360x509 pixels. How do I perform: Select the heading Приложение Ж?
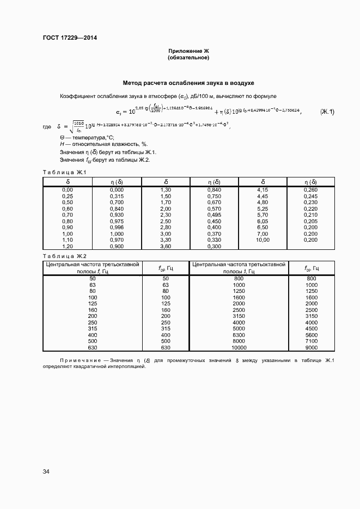click(188, 51)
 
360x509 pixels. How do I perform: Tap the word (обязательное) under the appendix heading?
click(188, 57)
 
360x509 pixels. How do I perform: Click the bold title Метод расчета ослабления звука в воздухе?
click(188, 83)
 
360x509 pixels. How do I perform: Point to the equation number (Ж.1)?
click(327, 112)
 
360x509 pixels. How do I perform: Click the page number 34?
click(46, 471)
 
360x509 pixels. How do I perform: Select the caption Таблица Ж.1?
click(61, 173)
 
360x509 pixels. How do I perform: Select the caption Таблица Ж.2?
click(61, 256)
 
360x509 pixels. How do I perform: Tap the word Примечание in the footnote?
click(83, 360)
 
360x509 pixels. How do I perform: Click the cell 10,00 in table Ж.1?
click(263, 240)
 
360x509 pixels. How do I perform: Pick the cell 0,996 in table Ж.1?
click(117, 227)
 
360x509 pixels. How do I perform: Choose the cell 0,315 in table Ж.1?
click(117, 195)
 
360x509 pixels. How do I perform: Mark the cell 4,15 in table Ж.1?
click(263, 189)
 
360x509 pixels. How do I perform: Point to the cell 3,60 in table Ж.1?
click(166, 246)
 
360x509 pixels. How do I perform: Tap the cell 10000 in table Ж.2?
click(239, 347)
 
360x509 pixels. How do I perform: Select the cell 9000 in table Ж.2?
click(311, 347)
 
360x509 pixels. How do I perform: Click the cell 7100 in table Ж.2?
click(311, 341)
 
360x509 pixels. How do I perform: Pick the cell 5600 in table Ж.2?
click(311, 335)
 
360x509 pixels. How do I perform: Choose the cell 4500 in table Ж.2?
click(311, 328)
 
